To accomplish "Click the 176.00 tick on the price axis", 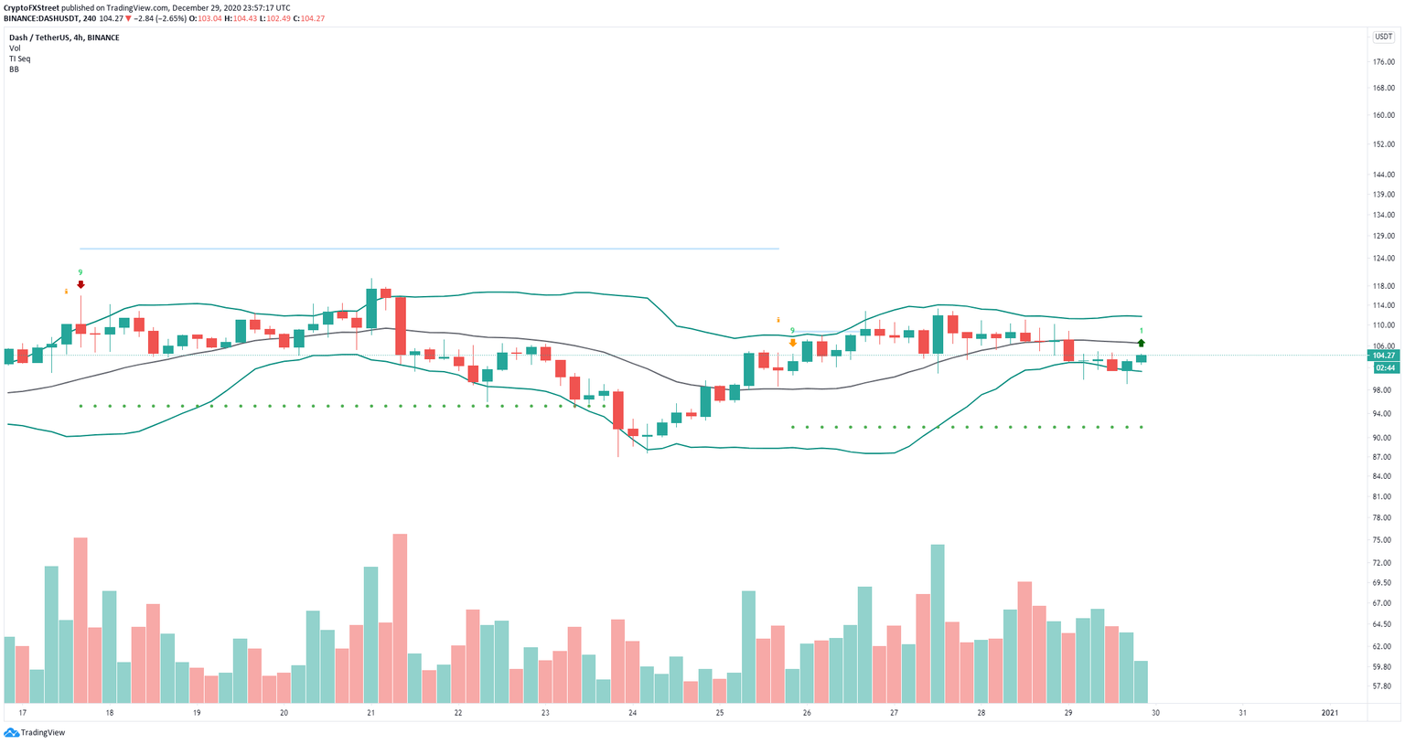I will tap(1382, 62).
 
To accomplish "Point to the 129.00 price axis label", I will tap(1382, 236).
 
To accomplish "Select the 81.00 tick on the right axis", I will tap(1382, 497).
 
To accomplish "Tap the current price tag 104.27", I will tap(1385, 356).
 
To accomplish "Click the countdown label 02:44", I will tap(1385, 367).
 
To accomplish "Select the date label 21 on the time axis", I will tap(370, 713).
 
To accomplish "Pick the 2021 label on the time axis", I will tap(1329, 713).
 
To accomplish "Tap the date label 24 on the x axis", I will tap(632, 713).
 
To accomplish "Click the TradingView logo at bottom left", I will tap(35, 732).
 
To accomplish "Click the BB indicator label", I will tap(15, 69).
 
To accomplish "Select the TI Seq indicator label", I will tap(19, 58).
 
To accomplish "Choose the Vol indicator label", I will tap(15, 48).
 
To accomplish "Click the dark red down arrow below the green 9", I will tap(80, 285).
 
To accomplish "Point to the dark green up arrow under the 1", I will tap(1142, 343).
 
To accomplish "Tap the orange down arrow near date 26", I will tap(792, 343).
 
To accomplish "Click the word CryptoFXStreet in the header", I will tap(32, 8).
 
